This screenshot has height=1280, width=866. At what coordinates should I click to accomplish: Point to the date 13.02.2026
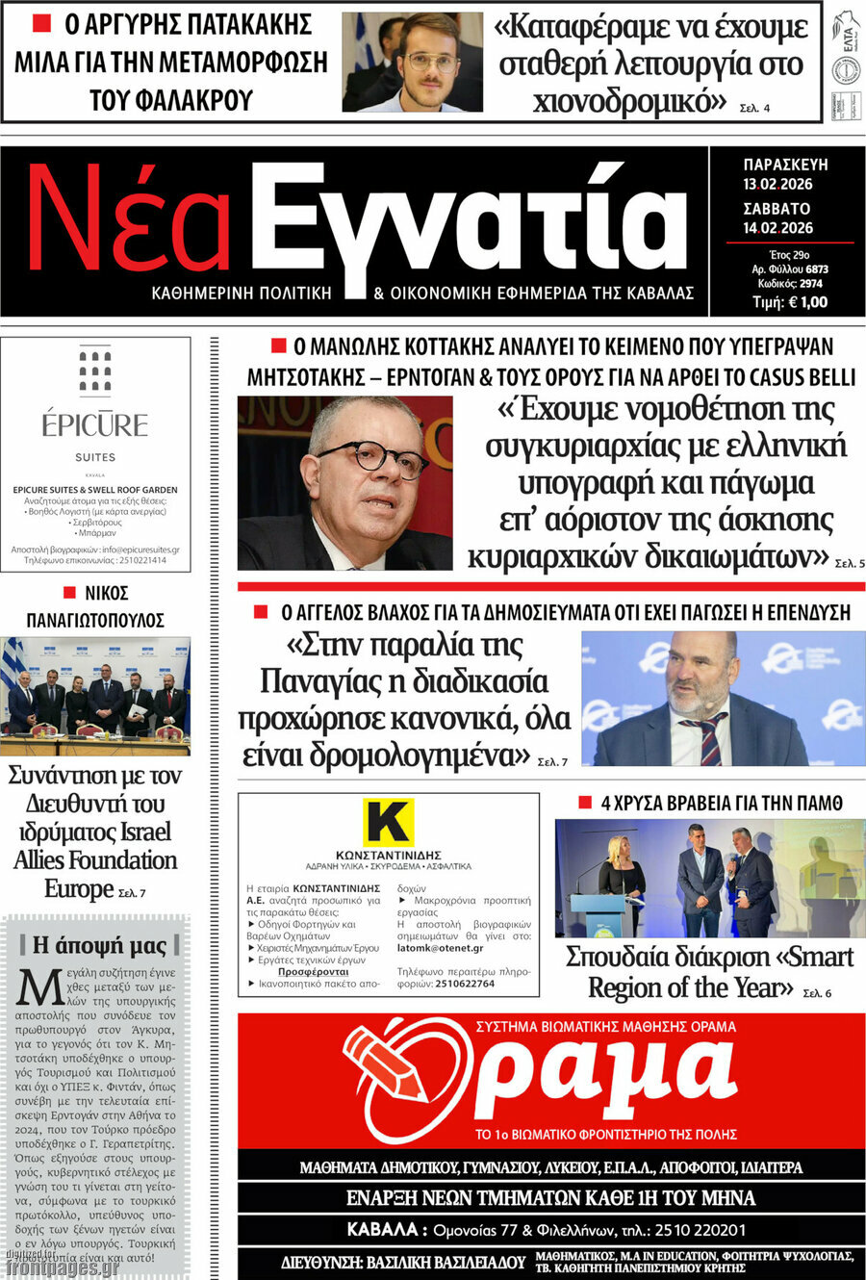(777, 184)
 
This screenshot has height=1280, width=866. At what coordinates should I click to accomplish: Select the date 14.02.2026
(777, 228)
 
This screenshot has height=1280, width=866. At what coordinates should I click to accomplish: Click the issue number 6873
(817, 269)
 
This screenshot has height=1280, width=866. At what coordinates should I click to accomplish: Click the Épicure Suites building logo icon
(95, 371)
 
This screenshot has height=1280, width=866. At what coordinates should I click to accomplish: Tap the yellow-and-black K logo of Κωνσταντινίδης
(388, 823)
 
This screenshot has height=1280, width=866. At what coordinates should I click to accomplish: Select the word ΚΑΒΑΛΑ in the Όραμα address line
(382, 1229)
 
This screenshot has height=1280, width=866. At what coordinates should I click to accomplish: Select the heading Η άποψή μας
(99, 945)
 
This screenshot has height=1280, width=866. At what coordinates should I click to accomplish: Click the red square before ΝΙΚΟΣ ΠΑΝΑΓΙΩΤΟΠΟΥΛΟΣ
(69, 593)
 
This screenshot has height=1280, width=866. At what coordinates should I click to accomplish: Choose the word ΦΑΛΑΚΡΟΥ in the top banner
(170, 99)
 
